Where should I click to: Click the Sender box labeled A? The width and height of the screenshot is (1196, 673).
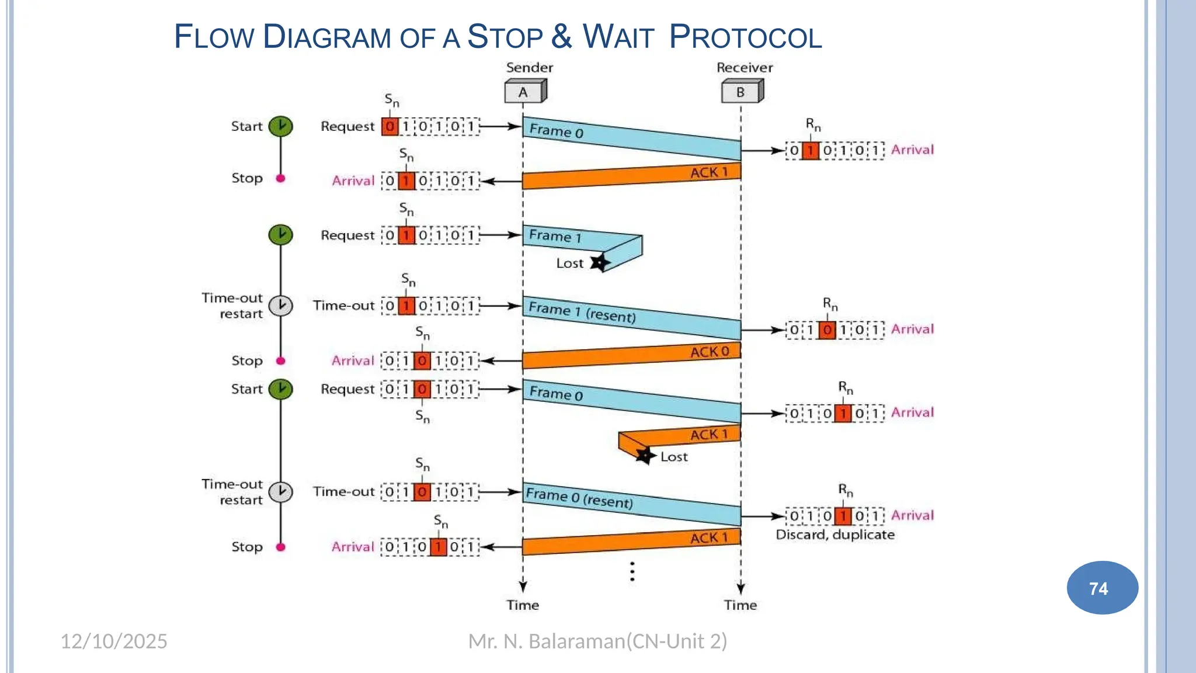[x=525, y=92]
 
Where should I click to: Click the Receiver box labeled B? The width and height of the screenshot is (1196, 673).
[x=742, y=92]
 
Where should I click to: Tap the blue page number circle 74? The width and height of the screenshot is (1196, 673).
[x=1102, y=588]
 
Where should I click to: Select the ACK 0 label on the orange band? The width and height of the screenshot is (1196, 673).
[x=710, y=352]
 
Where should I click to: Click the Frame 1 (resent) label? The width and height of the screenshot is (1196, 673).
[x=582, y=312]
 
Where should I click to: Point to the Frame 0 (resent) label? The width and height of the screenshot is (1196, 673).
[x=579, y=498]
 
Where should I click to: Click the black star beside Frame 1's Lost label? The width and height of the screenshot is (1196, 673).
[x=599, y=262]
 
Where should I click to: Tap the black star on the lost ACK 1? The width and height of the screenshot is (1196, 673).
[x=645, y=455]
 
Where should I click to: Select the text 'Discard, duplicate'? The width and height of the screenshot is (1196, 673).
[x=835, y=535]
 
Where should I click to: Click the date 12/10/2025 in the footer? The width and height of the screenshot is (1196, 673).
[x=114, y=641]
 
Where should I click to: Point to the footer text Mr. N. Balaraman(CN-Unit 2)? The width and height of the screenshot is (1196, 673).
[x=597, y=641]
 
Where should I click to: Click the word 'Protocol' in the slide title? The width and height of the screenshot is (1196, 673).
[x=745, y=37]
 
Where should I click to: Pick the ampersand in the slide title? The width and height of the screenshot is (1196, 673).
[x=561, y=36]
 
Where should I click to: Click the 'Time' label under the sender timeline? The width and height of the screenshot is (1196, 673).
[x=523, y=605]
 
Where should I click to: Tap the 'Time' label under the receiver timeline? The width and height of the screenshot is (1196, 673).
[x=740, y=605]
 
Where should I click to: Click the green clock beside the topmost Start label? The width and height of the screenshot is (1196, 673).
[x=280, y=126]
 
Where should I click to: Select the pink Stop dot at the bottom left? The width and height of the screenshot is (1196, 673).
[x=280, y=547]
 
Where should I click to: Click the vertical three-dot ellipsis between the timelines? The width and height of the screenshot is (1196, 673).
[x=632, y=571]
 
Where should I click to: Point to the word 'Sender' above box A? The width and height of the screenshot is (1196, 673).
[x=529, y=68]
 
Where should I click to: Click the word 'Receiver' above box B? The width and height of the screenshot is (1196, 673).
[x=745, y=68]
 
